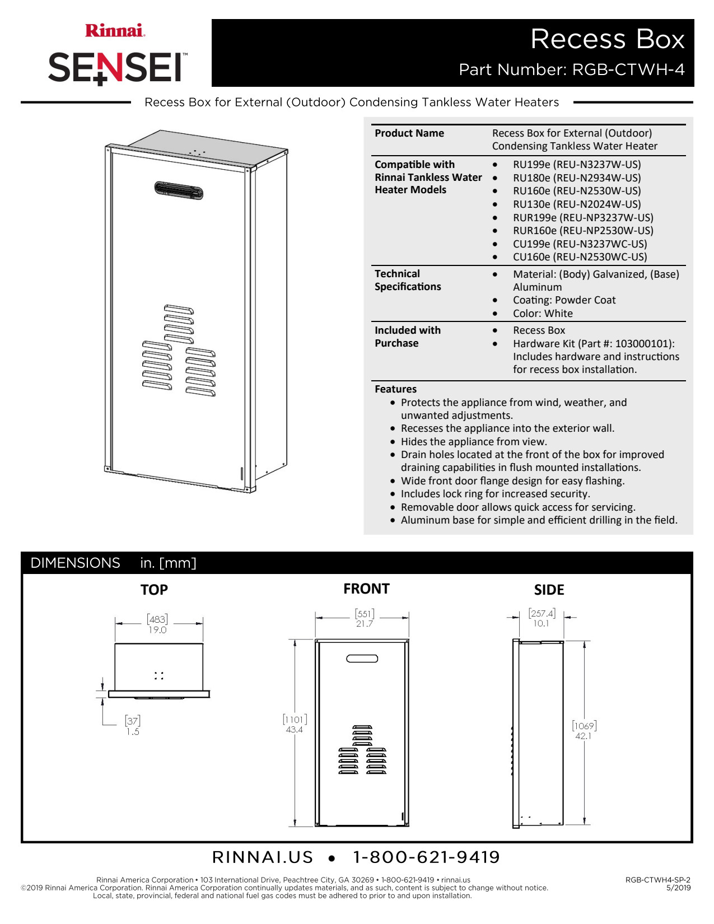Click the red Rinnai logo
point(115,30)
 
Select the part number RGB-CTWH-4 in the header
point(628,69)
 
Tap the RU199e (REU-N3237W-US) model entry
point(577,165)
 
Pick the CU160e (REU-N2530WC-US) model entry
point(580,257)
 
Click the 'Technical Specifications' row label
point(408,280)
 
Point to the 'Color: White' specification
point(543,314)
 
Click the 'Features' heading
point(395,389)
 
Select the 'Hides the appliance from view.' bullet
point(474,442)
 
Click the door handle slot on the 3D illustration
point(179,190)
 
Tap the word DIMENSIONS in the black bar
point(76,563)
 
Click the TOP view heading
point(154,590)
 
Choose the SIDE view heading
point(549,590)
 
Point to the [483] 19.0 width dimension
point(157,624)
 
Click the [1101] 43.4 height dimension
point(295,724)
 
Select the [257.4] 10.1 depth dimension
point(542,618)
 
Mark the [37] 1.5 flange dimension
point(133,726)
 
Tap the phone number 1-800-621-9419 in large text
point(426,857)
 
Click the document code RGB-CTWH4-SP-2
point(657,880)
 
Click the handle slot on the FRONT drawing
point(362,659)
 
